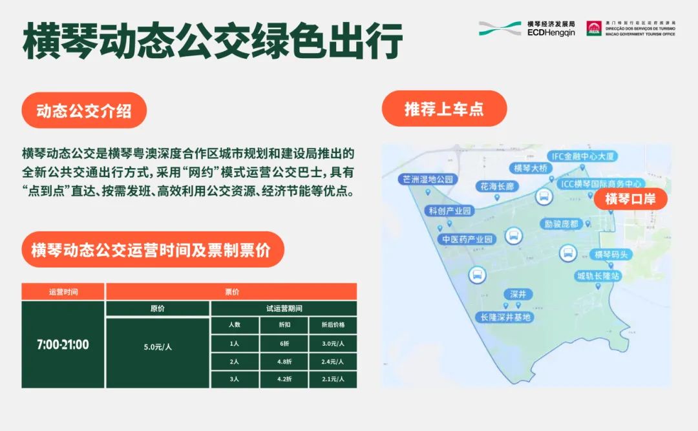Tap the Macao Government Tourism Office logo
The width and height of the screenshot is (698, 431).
pos(630,28)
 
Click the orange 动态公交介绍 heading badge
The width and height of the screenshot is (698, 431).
pos(84,110)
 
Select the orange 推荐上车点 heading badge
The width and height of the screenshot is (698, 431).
pos(444,109)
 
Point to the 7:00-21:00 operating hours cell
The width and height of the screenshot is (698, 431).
pos(63,344)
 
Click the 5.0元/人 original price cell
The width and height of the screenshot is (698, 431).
pos(158,347)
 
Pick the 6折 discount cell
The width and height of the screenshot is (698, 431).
pos(284,343)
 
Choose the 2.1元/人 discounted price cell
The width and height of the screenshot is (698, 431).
pos(333,379)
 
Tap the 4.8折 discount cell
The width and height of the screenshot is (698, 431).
pos(284,361)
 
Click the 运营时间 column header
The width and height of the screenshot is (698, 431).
pos(63,292)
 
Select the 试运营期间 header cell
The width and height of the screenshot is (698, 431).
pos(284,308)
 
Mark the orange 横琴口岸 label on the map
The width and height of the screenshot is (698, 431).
pos(630,199)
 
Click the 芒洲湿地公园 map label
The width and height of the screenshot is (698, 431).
pos(428,179)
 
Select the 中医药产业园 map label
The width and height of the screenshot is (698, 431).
pos(467,239)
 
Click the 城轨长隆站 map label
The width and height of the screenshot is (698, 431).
pos(598,276)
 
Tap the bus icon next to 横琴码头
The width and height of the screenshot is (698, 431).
pos(568,253)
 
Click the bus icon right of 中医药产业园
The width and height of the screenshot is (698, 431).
pos(513,235)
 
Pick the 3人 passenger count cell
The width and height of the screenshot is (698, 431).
pos(235,379)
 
